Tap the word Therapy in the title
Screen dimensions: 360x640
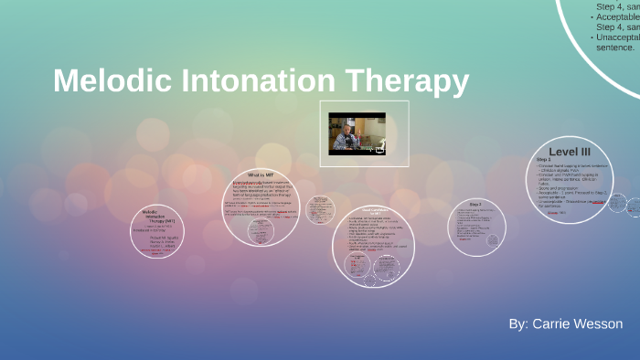(408, 81)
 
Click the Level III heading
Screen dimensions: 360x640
(569, 151)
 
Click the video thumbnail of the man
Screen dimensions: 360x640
(357, 132)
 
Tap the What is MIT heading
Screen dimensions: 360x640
(262, 175)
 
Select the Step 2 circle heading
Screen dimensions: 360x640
(475, 204)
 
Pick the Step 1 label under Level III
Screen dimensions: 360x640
(543, 160)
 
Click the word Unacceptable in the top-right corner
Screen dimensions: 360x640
(614, 37)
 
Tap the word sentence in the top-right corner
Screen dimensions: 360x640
(613, 47)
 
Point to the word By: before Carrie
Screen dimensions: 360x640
(519, 324)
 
